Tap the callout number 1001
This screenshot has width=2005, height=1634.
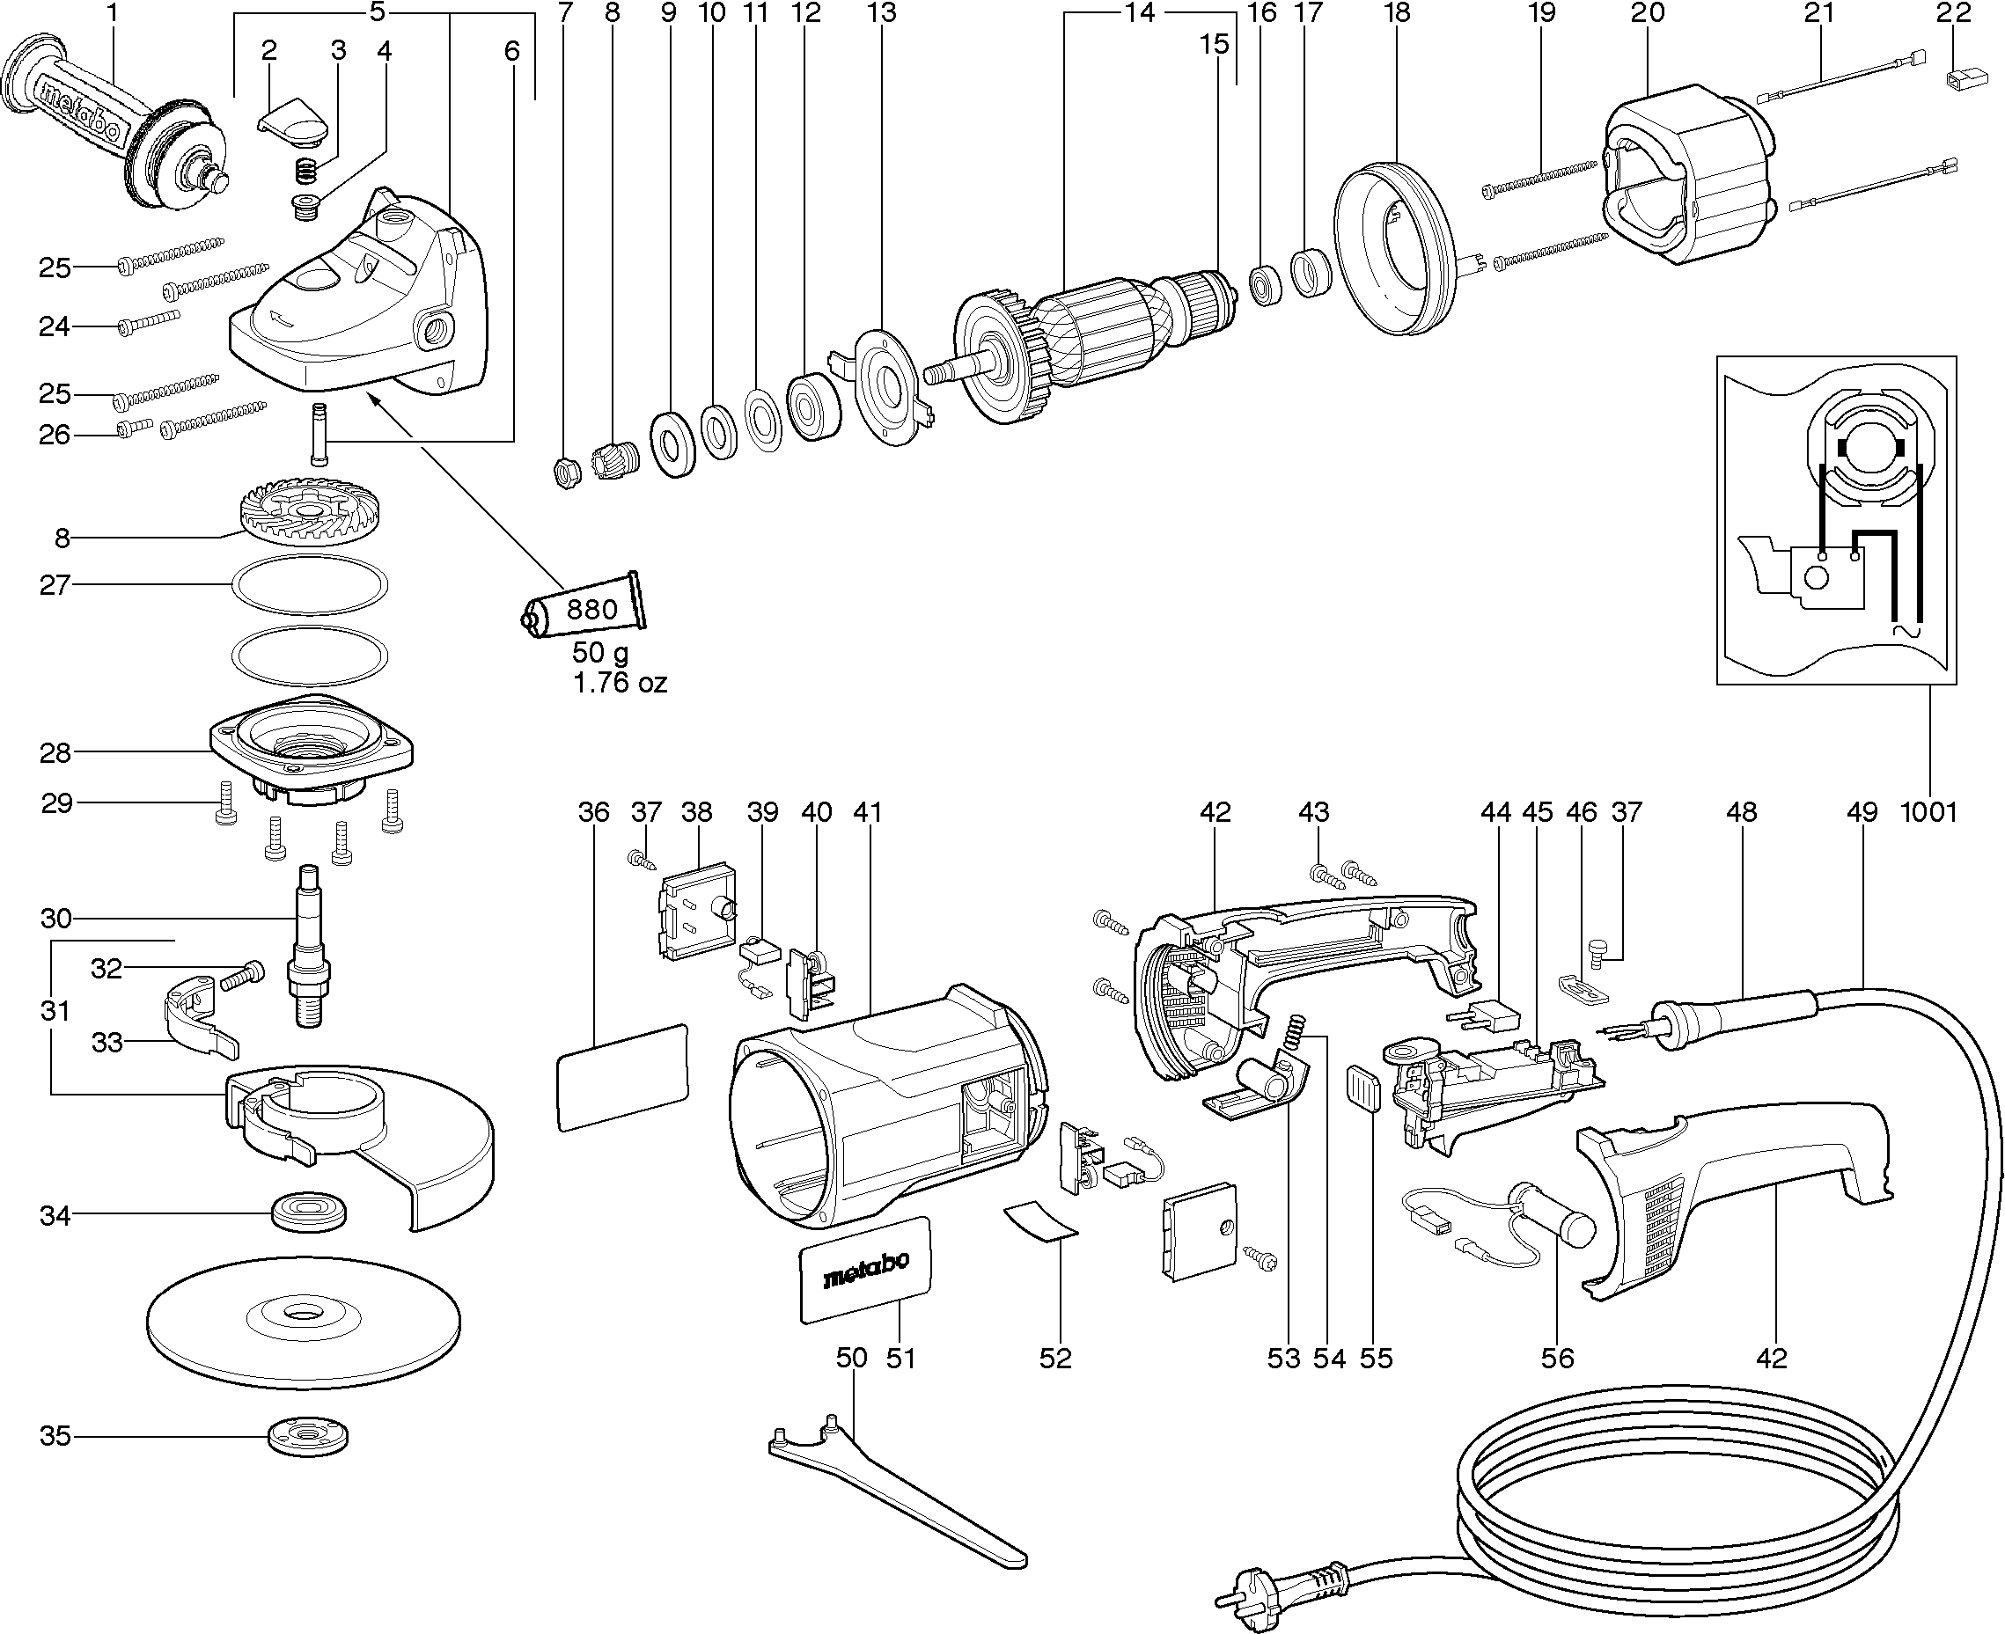tap(1928, 812)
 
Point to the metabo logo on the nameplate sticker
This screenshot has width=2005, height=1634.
tap(865, 1271)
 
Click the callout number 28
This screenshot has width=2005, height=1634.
tap(55, 753)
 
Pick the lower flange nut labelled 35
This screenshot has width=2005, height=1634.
tap(310, 1436)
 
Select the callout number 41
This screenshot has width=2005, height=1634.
tap(867, 812)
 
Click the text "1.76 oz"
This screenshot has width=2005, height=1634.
tap(620, 684)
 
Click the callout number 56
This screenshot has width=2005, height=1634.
tap(1557, 1359)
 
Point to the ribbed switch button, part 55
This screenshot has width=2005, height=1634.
tap(1363, 1089)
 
